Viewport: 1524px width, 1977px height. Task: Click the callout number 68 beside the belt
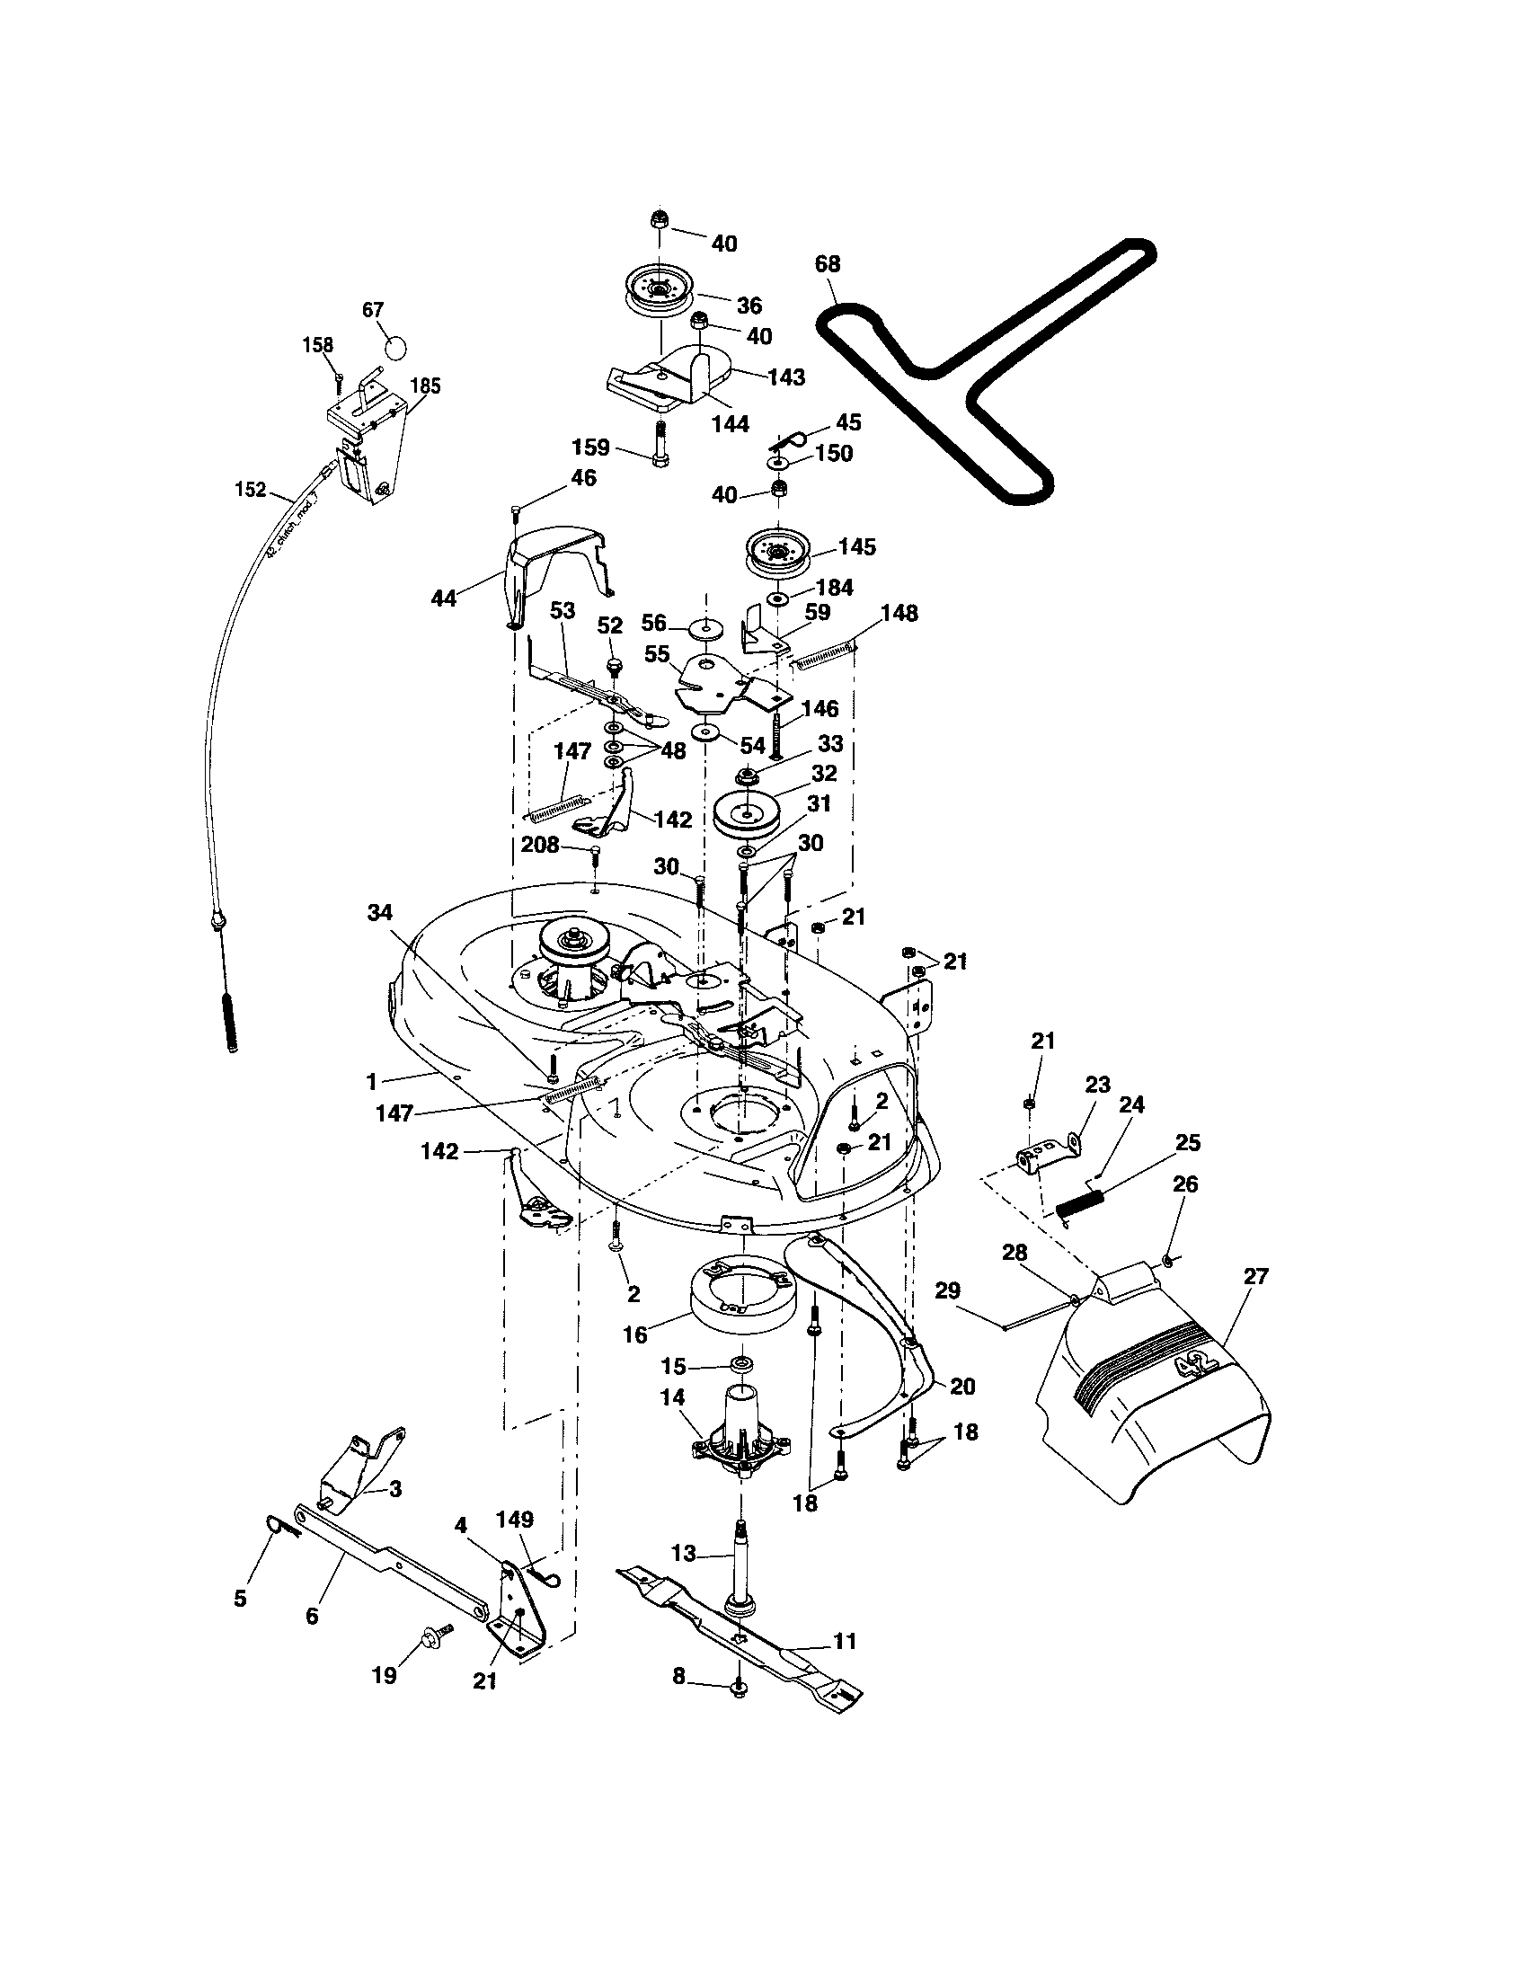point(828,264)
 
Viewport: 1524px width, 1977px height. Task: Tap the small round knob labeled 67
point(394,346)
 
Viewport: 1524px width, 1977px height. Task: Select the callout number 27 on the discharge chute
point(1256,1276)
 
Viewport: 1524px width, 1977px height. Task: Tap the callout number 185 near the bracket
point(424,386)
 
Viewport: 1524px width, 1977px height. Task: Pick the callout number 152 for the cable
point(250,490)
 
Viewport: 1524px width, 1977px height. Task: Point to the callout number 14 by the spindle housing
point(672,1397)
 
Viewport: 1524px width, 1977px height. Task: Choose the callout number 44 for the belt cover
point(443,598)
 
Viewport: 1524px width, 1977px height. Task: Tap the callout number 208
point(540,845)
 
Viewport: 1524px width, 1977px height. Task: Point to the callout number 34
point(380,913)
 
